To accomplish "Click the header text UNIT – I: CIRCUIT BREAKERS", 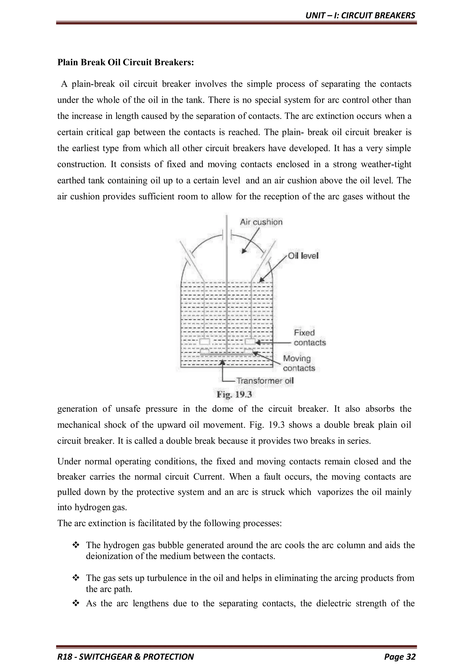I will tap(360, 15).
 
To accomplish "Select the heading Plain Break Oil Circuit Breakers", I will tap(126, 62).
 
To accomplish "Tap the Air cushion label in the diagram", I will tap(261, 222).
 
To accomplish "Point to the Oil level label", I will tap(303, 256).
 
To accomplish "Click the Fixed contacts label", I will tap(309, 338).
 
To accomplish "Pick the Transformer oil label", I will tap(265, 380).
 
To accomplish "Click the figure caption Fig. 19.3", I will tap(234, 395).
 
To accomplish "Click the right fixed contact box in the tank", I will tap(250, 341).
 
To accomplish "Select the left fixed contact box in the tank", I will tap(204, 341).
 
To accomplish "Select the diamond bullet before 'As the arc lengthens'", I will tap(76, 603).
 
